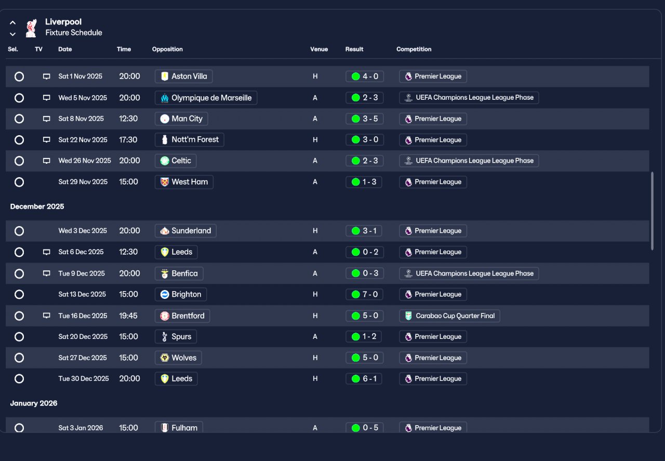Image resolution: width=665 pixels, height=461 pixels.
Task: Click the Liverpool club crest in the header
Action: [x=31, y=28]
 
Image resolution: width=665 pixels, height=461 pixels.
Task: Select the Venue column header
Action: [x=319, y=49]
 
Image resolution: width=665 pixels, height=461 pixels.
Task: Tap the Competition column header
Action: [x=414, y=49]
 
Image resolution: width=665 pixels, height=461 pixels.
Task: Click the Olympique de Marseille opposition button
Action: [x=206, y=98]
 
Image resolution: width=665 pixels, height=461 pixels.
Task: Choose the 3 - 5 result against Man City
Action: [x=365, y=119]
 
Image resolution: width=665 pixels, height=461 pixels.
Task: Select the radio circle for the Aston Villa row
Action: [x=19, y=76]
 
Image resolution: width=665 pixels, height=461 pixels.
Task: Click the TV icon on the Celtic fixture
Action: [x=46, y=161]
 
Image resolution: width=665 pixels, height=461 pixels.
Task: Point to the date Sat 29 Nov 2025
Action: [x=83, y=182]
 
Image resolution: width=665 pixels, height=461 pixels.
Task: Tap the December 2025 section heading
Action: [x=37, y=206]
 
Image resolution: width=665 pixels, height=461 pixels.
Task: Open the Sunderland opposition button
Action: [x=185, y=231]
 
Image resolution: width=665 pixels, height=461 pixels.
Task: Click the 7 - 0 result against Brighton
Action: [x=365, y=294]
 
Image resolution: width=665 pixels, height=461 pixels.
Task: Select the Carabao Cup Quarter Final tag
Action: [x=449, y=316]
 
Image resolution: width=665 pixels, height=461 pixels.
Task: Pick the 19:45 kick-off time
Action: [x=128, y=316]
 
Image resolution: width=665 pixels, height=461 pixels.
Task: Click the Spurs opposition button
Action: [x=176, y=337]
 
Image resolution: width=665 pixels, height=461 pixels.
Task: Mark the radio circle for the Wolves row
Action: [x=19, y=358]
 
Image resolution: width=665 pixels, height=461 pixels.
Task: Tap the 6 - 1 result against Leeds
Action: [x=364, y=379]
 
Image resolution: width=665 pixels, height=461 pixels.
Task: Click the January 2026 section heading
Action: [x=34, y=403]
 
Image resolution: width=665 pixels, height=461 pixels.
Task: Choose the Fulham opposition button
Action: [x=179, y=427]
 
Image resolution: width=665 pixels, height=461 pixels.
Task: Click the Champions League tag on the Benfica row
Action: [x=469, y=273]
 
